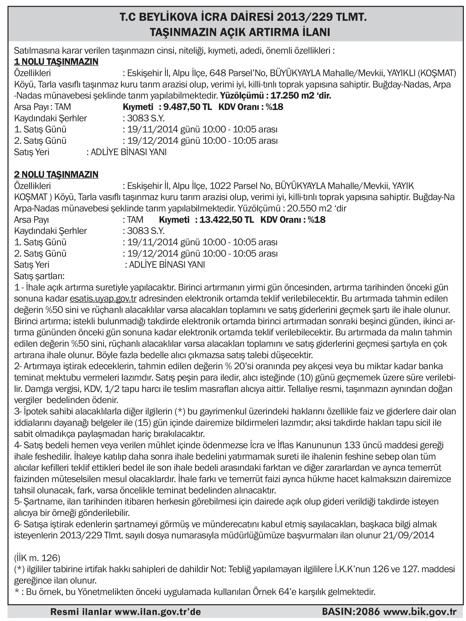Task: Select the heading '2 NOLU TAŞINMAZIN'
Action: pyautogui.click(x=56, y=174)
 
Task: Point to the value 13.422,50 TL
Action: pyautogui.click(x=226, y=220)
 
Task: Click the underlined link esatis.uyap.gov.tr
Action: pyautogui.click(x=103, y=298)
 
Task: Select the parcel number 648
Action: pyautogui.click(x=218, y=73)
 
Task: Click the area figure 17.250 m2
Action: pyautogui.click(x=292, y=96)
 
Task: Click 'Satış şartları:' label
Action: pyautogui.click(x=39, y=276)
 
